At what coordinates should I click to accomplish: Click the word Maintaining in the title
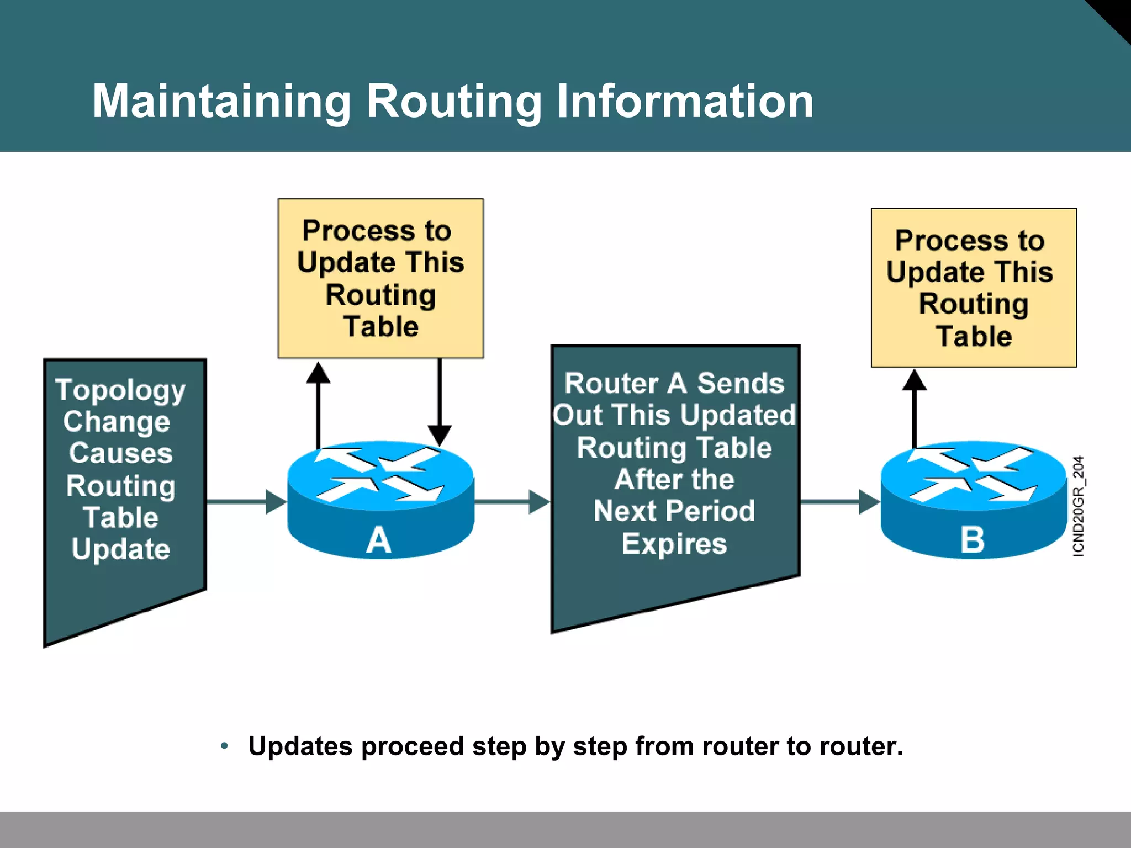coord(221,102)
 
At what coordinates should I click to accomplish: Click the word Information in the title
coord(685,102)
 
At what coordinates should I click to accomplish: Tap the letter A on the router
coord(379,540)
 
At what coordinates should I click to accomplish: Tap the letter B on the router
coord(973,540)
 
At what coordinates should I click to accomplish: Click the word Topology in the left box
coord(120,391)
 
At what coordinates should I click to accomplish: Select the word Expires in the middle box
coord(674,544)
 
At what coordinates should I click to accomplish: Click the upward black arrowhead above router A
coord(318,373)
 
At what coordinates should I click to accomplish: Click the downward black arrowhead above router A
coord(440,435)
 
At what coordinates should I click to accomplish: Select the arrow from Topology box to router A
coord(246,502)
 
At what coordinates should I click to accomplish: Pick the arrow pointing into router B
coord(839,502)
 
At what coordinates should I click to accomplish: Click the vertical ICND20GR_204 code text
coord(1079,506)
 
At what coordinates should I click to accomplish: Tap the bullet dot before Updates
coord(224,746)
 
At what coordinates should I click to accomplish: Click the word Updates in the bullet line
coord(300,746)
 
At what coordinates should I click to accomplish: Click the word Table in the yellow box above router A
coord(380,327)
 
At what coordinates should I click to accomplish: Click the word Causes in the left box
coord(120,454)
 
